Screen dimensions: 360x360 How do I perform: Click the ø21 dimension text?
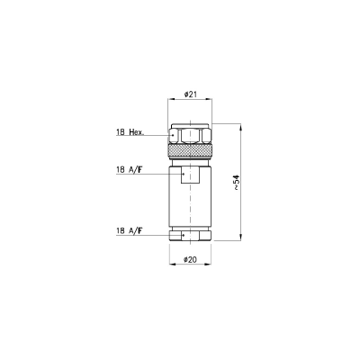[190, 94]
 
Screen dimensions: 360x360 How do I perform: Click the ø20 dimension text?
[190, 259]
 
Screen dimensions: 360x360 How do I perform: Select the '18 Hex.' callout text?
[131, 133]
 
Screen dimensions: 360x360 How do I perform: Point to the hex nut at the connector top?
[190, 132]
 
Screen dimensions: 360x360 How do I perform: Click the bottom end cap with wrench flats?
[190, 236]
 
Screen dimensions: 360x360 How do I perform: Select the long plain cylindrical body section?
[190, 205]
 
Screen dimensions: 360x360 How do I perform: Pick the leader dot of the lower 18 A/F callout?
[183, 236]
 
